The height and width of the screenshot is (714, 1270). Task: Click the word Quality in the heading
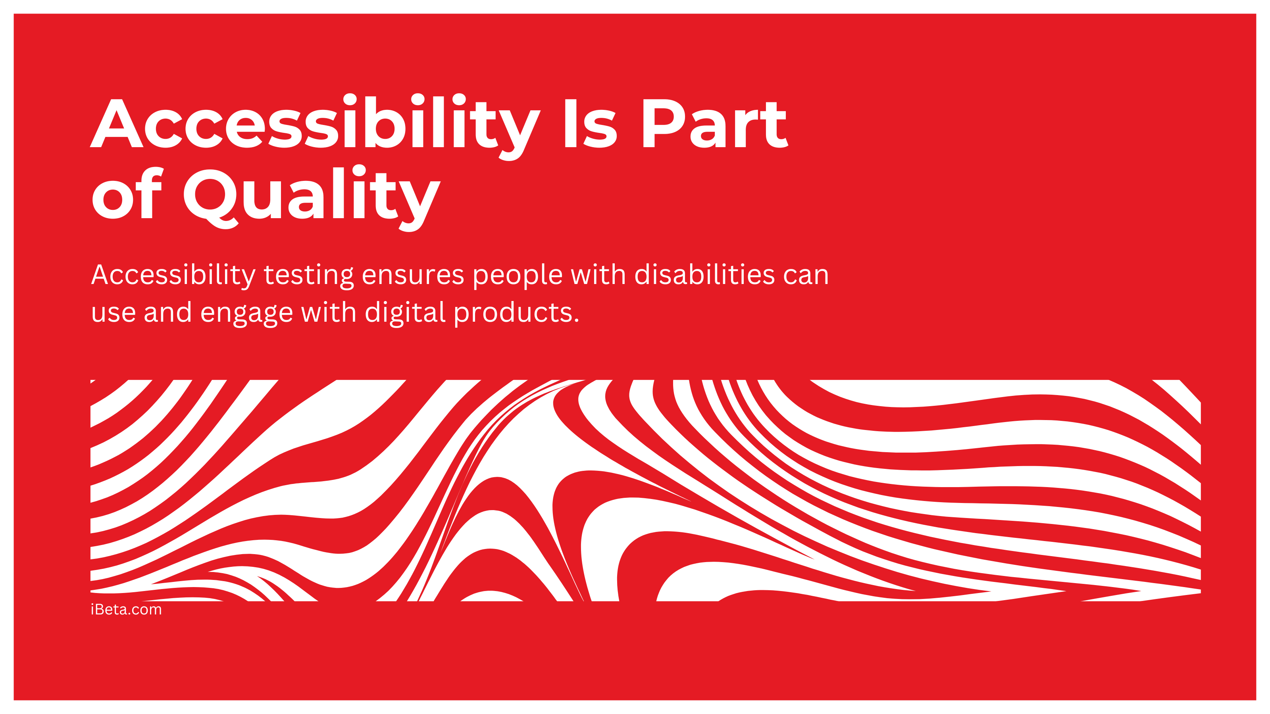point(312,197)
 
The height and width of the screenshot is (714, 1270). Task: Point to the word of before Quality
point(127,193)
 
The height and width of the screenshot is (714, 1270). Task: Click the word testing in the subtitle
point(309,276)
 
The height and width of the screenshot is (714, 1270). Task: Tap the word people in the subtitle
point(518,276)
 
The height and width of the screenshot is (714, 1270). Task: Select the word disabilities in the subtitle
point(704,274)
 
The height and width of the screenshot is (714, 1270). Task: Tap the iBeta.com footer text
point(126,610)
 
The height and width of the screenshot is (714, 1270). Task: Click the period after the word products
point(576,321)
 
